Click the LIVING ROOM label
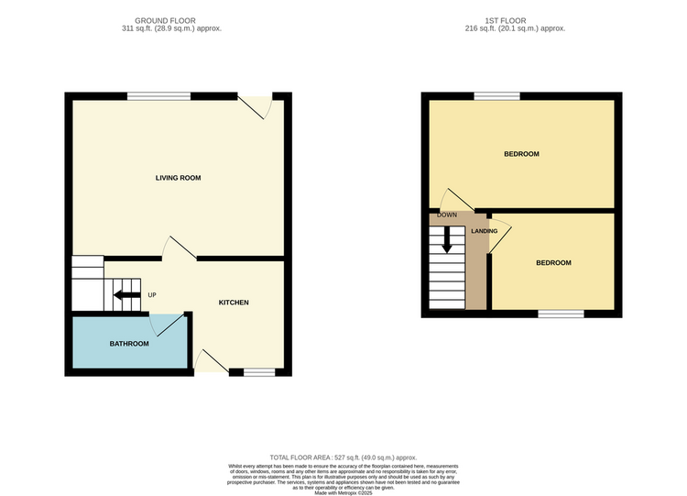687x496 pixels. coord(178,178)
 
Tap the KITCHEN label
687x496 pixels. coord(233,303)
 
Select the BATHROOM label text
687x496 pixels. coord(129,344)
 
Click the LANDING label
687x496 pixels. coord(485,231)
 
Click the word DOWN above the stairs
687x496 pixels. coord(447,215)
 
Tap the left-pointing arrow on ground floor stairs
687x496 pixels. coord(124,295)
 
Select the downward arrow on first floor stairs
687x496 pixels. coord(447,240)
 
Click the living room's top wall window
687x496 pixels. coord(158,95)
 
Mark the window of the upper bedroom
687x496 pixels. coord(496,95)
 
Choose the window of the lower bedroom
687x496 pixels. coord(561,314)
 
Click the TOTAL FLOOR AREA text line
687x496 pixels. coord(343,457)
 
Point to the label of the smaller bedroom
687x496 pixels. coord(553,263)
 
